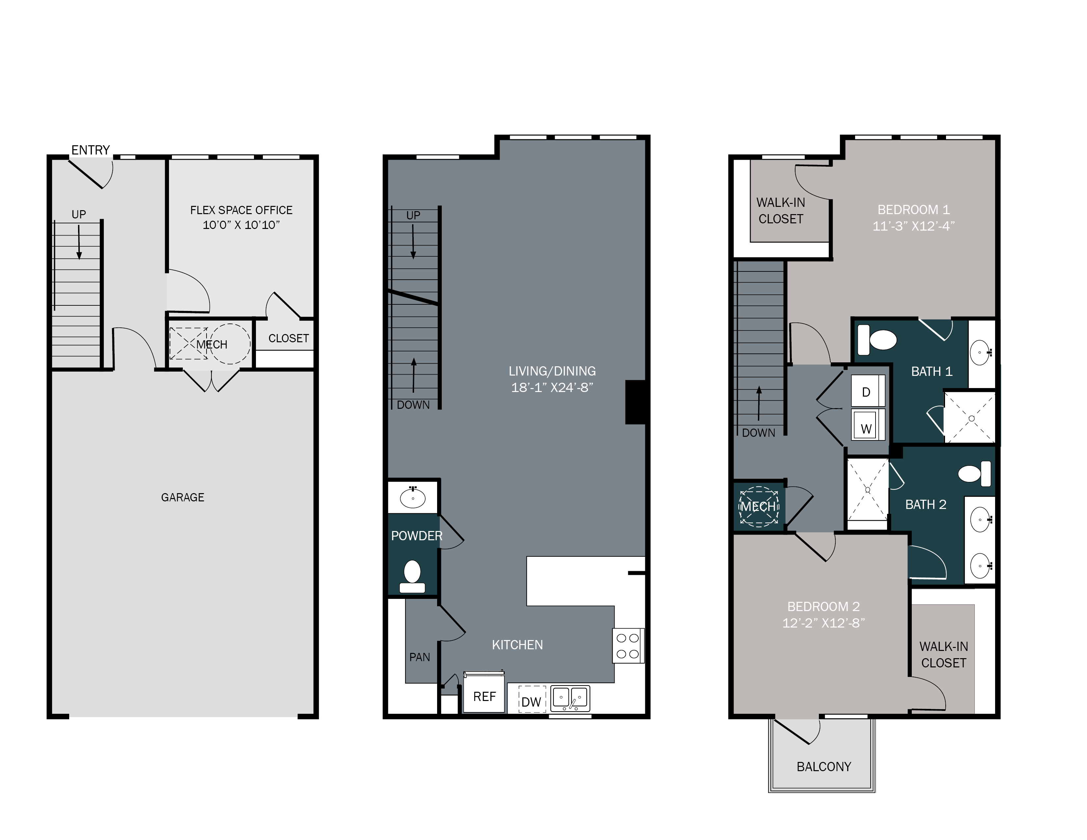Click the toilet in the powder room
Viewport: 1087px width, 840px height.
[x=412, y=577]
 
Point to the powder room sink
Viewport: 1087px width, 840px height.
[x=413, y=497]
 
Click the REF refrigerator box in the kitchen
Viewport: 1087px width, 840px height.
[x=484, y=696]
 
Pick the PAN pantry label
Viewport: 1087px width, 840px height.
[x=420, y=657]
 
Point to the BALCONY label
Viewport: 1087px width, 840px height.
[x=824, y=766]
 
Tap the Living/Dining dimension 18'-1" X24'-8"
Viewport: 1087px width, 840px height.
[x=552, y=387]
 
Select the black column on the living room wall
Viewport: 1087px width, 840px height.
[x=635, y=402]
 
